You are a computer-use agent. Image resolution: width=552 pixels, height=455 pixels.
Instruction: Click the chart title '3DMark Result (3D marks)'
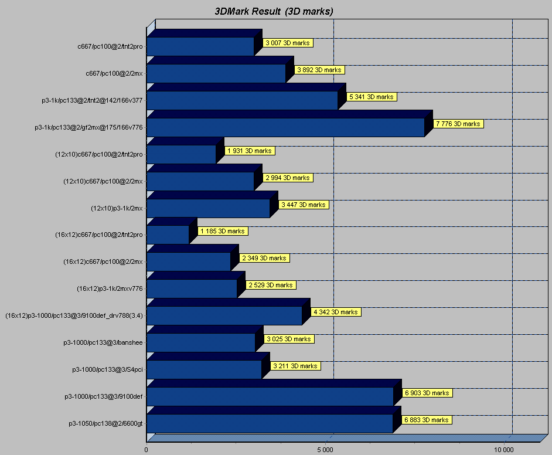[x=274, y=12]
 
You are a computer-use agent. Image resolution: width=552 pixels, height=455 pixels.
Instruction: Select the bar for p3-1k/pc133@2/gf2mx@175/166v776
[x=285, y=127]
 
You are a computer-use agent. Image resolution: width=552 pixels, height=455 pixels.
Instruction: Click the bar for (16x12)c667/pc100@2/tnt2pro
[x=168, y=235]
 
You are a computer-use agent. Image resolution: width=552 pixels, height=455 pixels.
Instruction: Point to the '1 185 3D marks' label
[x=222, y=231]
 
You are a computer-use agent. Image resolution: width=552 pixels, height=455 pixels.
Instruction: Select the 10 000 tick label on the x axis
[x=504, y=449]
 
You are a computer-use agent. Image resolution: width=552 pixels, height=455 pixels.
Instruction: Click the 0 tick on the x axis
[x=146, y=449]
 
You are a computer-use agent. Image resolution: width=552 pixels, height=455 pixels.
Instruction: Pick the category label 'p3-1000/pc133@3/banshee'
[x=103, y=342]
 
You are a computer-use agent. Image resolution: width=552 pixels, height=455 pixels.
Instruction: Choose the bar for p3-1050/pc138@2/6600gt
[x=270, y=423]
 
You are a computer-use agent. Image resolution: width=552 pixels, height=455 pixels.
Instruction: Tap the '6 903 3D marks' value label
[x=427, y=393]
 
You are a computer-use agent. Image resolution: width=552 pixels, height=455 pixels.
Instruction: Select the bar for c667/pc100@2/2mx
[x=216, y=73]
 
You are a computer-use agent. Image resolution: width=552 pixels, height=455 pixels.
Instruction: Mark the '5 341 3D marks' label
[x=372, y=97]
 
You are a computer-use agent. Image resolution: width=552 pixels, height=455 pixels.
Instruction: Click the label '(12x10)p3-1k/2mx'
[x=117, y=208]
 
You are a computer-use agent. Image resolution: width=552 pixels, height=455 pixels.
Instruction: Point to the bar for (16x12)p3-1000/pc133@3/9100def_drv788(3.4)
[x=224, y=315]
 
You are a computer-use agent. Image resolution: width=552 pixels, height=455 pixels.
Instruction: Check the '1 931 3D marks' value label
[x=250, y=151]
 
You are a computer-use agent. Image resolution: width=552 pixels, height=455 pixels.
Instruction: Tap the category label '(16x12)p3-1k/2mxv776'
[x=110, y=288]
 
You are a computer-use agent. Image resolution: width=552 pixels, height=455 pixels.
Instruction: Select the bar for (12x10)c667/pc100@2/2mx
[x=200, y=181]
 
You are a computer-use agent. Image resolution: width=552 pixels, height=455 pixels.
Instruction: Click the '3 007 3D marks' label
[x=287, y=43]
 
